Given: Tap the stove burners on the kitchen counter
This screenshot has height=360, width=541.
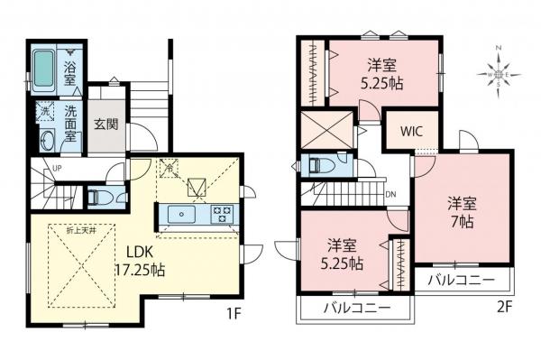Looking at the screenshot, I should (x=221, y=215).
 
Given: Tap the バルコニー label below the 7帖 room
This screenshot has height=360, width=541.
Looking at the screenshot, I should (x=461, y=280).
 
